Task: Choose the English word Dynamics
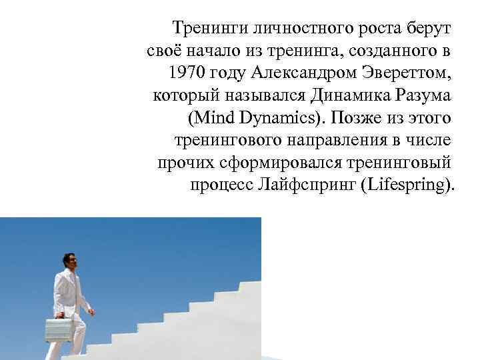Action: (279, 118)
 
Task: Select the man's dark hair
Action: (67, 256)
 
